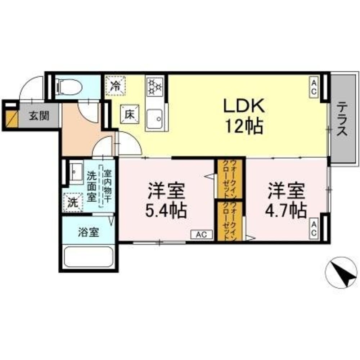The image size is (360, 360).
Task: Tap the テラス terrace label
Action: click(342, 119)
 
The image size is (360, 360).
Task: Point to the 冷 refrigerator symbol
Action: click(116, 86)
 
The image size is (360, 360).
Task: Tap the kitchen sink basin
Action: click(155, 118)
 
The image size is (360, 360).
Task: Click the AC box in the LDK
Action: click(314, 86)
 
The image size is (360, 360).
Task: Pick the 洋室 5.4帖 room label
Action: click(166, 201)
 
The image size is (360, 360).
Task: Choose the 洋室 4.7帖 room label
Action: click(286, 201)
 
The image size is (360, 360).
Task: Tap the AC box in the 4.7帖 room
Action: click(314, 229)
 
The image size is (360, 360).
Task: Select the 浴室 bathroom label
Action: click(88, 233)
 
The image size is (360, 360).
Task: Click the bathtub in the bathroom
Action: click(89, 257)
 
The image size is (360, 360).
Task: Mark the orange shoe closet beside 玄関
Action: click(10, 119)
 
